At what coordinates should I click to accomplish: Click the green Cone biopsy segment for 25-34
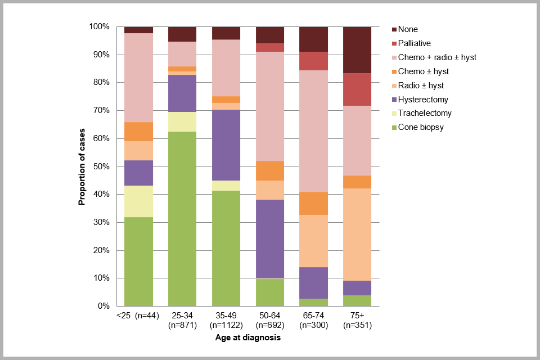coord(182,219)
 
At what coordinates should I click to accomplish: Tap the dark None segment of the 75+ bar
coord(357,49)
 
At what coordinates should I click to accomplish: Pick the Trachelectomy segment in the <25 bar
coord(138,201)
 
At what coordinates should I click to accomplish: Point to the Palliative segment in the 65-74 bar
coord(313,61)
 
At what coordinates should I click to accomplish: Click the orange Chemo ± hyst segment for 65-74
coord(313,203)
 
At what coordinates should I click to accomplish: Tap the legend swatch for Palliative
coord(394,43)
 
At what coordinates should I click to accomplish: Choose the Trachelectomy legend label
coord(425,113)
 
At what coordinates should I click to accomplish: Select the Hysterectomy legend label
coord(423,100)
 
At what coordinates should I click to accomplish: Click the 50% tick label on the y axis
coord(101,166)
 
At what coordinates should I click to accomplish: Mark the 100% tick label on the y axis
coord(99,26)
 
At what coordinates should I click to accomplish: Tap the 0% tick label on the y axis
coord(103,306)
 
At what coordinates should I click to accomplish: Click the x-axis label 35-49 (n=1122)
coord(226,321)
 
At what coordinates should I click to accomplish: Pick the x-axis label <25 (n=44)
coord(138,316)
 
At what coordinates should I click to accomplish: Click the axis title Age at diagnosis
coord(247,338)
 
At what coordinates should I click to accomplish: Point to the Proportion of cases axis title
coord(82,166)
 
